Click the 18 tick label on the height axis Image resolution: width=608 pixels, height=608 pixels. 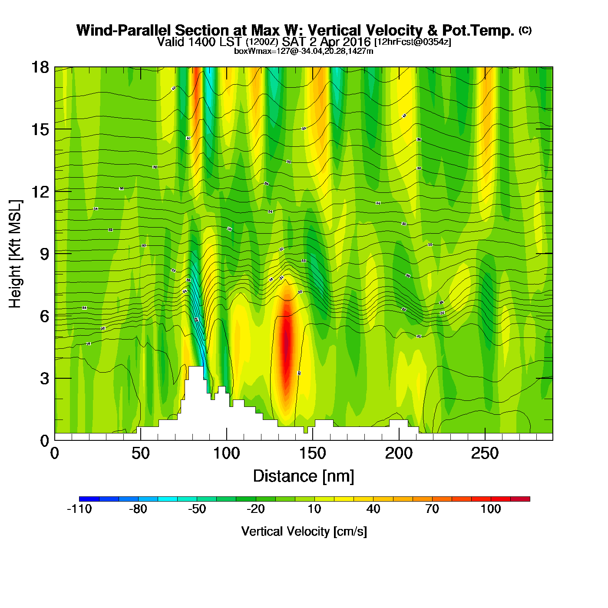pos(40,67)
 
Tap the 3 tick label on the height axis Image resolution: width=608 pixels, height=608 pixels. pos(45,378)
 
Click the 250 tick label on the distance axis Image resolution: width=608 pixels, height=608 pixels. pos(485,453)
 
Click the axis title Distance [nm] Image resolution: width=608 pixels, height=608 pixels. pos(304,476)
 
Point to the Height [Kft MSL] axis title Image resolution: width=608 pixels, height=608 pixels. pos(15,254)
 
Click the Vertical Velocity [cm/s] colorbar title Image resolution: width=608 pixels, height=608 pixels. pos(304,531)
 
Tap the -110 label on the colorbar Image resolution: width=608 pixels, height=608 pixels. pos(79,509)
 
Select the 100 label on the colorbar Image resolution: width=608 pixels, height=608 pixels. pos(491,509)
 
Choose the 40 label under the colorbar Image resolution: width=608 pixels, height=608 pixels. pos(373,509)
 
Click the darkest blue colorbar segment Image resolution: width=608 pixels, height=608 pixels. pos(89,499)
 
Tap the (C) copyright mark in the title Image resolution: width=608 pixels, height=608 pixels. pos(525,30)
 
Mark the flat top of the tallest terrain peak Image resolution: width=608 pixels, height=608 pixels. pos(196,367)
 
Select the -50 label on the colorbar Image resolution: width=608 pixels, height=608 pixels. pos(197,509)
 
